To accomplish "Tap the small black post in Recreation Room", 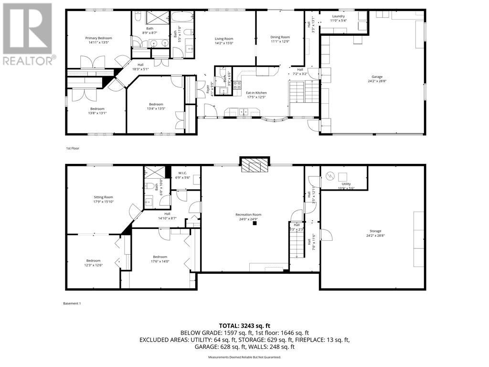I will (x=255, y=223).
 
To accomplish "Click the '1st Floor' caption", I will (x=73, y=149).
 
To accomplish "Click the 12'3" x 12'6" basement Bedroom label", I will (x=94, y=263).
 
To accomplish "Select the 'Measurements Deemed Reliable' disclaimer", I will (x=244, y=357).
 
